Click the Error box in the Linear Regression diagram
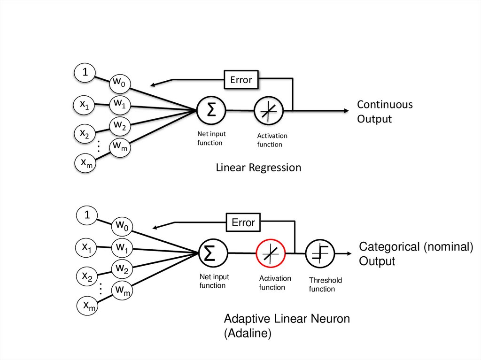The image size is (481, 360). pyautogui.click(x=241, y=80)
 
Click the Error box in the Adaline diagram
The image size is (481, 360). pyautogui.click(x=243, y=222)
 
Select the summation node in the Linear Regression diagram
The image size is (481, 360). pyautogui.click(x=211, y=111)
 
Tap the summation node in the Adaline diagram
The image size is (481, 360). pyautogui.click(x=213, y=253)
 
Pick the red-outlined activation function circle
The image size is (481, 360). pyautogui.click(x=271, y=253)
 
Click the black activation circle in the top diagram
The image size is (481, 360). pyautogui.click(x=269, y=111)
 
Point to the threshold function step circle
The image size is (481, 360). pyautogui.click(x=320, y=253)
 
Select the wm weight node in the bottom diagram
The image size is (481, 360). pyautogui.click(x=122, y=290)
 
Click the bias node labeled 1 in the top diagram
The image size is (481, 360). pyautogui.click(x=85, y=72)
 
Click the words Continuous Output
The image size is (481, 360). pyautogui.click(x=384, y=111)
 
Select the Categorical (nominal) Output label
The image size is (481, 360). pyautogui.click(x=416, y=254)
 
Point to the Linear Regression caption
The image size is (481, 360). pyautogui.click(x=258, y=168)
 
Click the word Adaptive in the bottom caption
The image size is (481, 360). pyautogui.click(x=247, y=319)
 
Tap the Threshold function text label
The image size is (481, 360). pyautogui.click(x=325, y=284)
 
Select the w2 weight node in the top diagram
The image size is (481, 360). pyautogui.click(x=119, y=125)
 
